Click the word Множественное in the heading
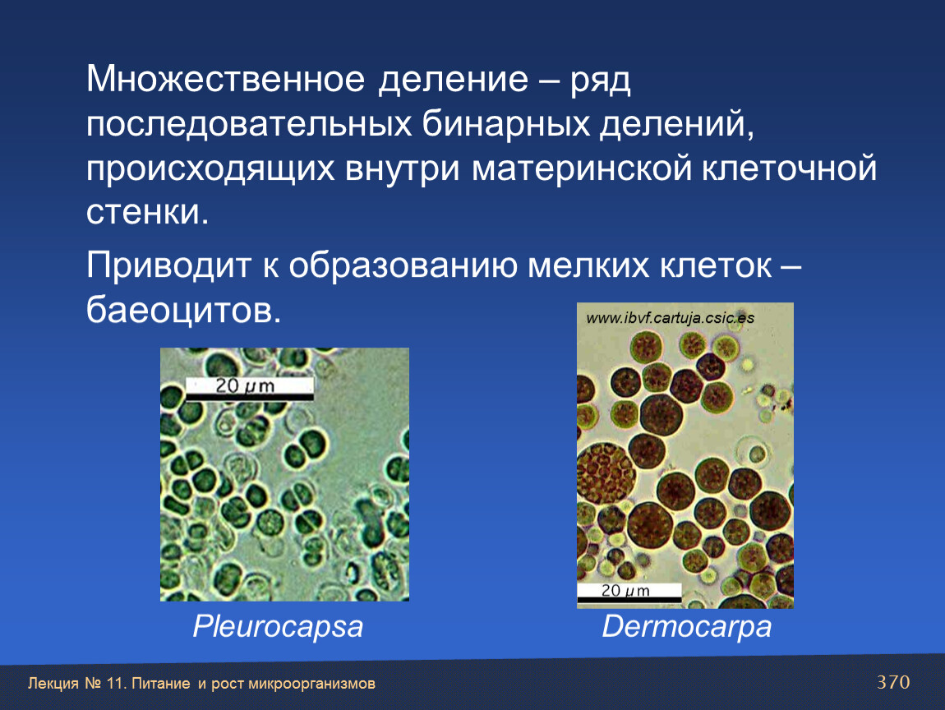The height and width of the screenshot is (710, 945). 225,79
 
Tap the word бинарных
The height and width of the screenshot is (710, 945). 505,124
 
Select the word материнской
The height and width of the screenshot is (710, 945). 582,168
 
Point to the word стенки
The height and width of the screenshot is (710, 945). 147,212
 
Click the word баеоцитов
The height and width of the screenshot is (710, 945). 183,311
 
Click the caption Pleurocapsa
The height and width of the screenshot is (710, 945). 278,628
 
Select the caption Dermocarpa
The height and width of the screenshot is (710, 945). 686,627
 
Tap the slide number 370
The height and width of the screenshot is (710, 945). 893,682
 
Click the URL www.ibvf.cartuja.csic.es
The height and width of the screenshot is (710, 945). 671,318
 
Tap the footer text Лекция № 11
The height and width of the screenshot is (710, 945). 76,684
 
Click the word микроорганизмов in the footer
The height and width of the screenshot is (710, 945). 311,684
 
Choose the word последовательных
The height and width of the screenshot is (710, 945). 248,124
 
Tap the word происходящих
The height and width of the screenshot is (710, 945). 210,169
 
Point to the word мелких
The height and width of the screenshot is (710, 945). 588,265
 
